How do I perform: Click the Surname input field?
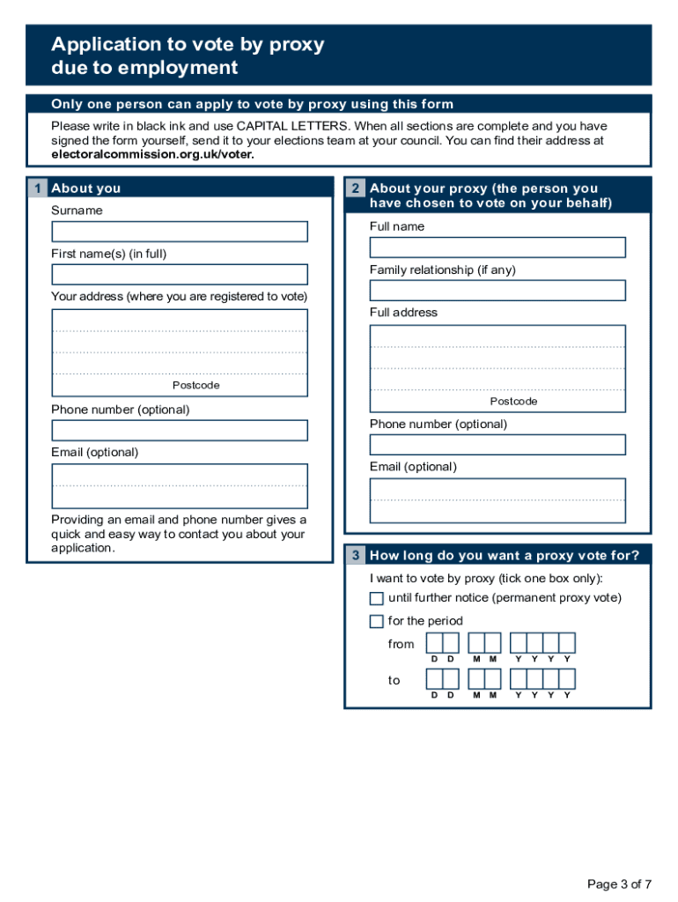click(180, 232)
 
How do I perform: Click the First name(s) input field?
click(180, 275)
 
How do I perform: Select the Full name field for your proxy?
click(497, 248)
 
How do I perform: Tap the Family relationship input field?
click(497, 291)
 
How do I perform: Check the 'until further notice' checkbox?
click(377, 599)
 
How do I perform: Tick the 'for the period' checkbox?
click(377, 622)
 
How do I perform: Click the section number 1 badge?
click(37, 189)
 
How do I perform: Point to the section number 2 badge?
click(355, 189)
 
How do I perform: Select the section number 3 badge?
click(355, 556)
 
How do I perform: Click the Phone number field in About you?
click(180, 431)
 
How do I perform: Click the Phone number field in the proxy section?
click(497, 445)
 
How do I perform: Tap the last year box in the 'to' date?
click(567, 679)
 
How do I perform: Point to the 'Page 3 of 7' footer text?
click(620, 884)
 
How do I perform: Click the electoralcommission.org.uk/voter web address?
click(152, 154)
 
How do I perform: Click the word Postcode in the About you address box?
click(195, 386)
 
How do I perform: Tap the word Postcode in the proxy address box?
click(513, 402)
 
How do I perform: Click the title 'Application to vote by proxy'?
click(188, 45)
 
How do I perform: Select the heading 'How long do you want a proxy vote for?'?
click(505, 556)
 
